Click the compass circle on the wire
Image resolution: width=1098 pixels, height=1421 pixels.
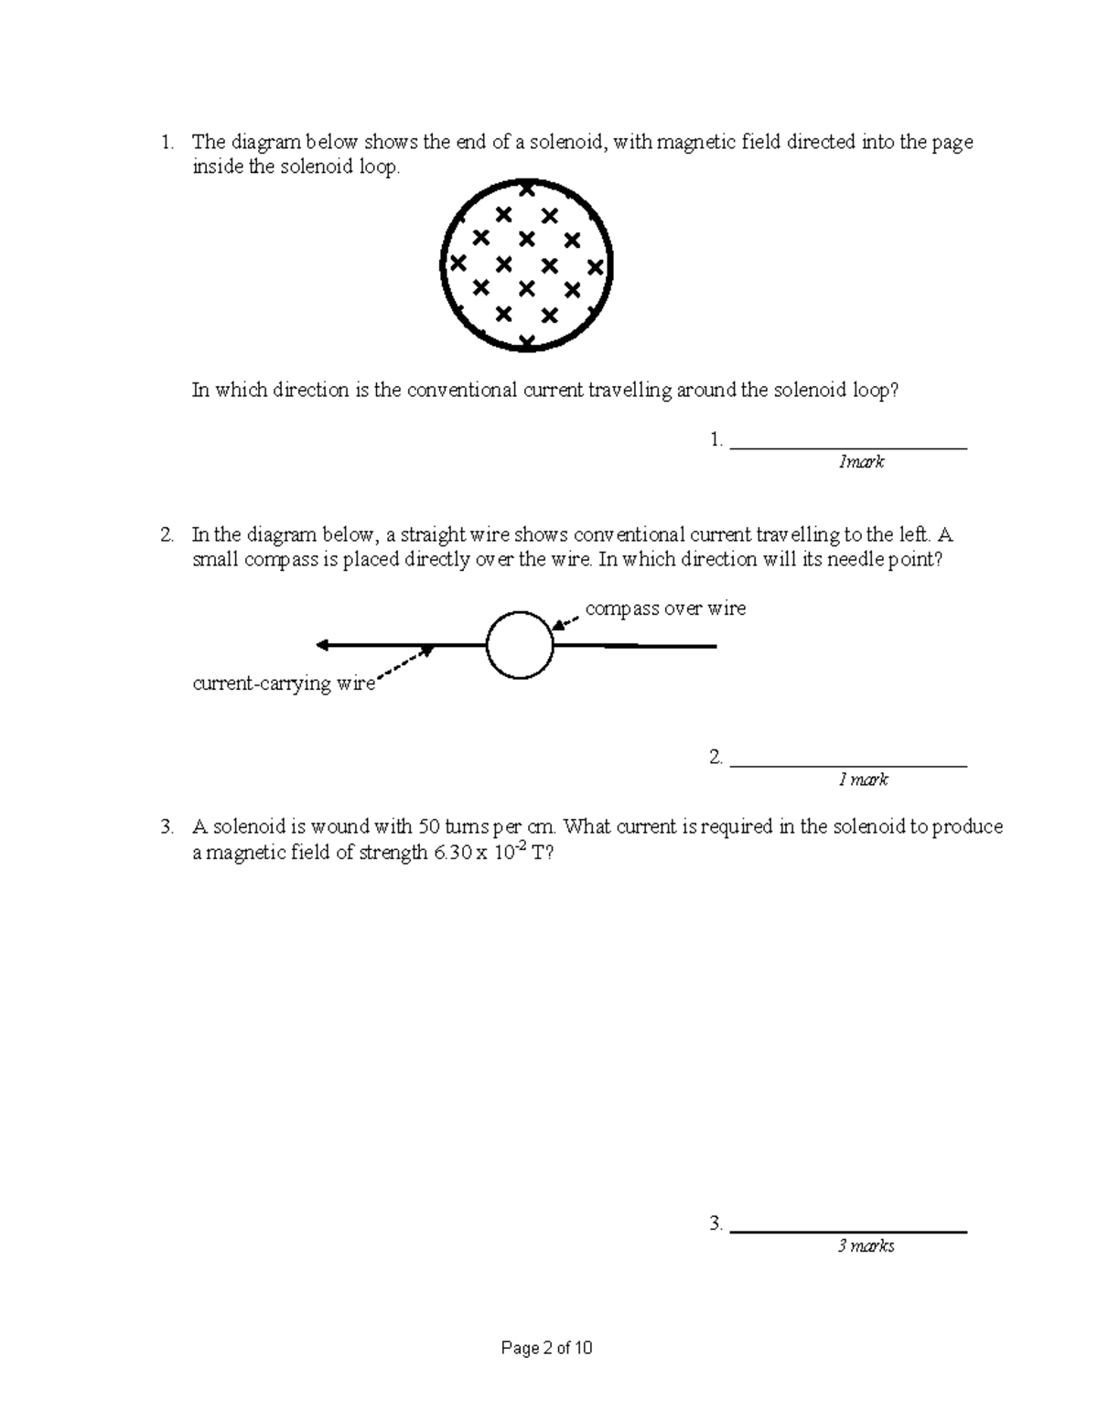click(x=520, y=646)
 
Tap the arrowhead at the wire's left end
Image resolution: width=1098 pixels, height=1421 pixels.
click(x=322, y=645)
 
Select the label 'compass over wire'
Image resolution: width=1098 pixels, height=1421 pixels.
click(x=665, y=608)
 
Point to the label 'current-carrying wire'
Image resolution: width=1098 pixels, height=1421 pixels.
click(x=284, y=684)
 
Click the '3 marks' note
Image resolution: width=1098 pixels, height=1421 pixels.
click(x=866, y=1246)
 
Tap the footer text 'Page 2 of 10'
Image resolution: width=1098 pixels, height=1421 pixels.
click(x=547, y=1348)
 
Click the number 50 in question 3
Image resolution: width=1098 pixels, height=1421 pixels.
click(x=428, y=827)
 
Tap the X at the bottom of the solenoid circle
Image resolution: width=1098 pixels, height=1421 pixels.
click(x=526, y=341)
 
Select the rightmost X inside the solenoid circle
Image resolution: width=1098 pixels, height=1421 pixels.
click(x=596, y=267)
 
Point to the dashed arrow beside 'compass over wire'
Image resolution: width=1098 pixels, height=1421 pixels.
click(x=567, y=621)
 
